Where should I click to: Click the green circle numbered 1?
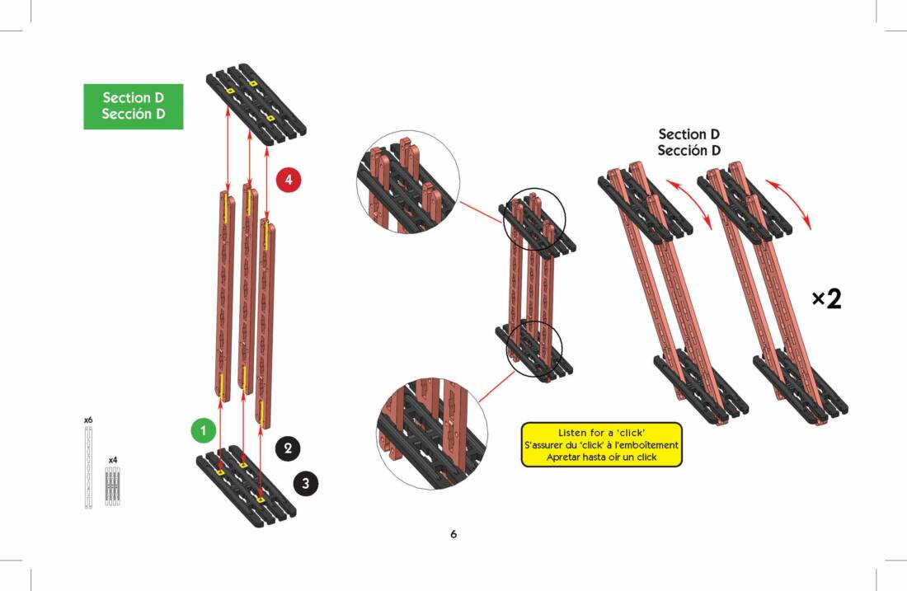203,429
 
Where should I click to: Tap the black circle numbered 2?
288,448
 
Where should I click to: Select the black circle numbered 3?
305,483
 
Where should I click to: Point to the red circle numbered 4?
289,179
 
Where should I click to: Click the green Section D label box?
133,106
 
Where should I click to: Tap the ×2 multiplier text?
826,299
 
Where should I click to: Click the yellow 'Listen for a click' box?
602,445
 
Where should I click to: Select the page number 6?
453,534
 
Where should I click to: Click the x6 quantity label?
88,420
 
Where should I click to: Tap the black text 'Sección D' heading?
689,151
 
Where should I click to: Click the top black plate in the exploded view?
256,103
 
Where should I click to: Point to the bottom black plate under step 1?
246,486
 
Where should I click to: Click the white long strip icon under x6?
88,467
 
